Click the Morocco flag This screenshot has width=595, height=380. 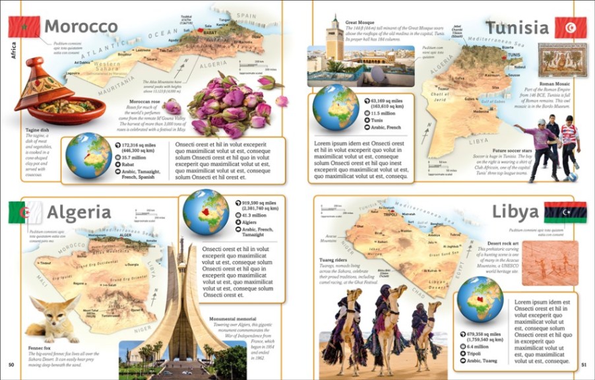click(x=24, y=27)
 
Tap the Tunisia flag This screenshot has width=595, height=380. click(x=570, y=28)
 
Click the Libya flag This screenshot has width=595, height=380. click(x=565, y=212)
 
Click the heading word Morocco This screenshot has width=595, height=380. click(x=80, y=27)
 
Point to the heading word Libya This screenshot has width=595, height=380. click(x=515, y=212)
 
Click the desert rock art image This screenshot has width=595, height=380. click(x=550, y=263)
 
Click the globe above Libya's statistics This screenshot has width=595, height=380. click(x=480, y=300)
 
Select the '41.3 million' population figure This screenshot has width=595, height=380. click(x=255, y=216)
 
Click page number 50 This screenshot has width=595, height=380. click(x=11, y=365)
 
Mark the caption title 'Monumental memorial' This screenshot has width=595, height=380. click(x=232, y=319)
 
